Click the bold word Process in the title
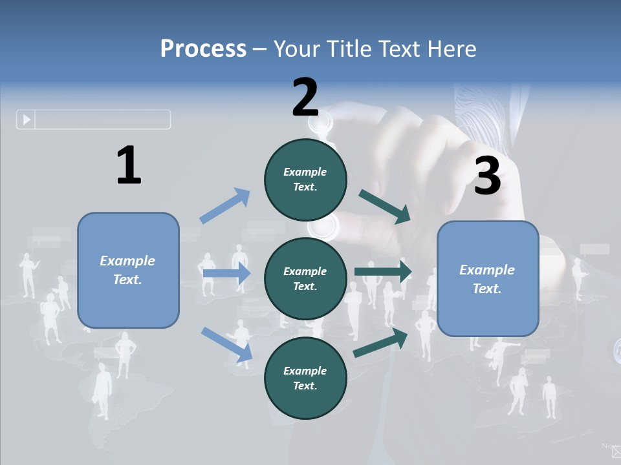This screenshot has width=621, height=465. tap(203, 48)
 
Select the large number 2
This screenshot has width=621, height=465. tap(305, 98)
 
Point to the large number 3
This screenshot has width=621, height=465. tap(487, 176)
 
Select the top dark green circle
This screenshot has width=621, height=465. tap(305, 179)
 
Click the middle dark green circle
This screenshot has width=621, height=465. tap(305, 278)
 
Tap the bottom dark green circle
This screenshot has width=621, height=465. tap(305, 378)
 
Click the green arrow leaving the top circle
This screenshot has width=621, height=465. tap(385, 207)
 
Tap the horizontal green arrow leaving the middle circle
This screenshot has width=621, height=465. tap(383, 272)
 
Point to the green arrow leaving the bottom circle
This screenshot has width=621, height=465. tap(380, 343)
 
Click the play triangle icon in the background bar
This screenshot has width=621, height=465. tap(27, 119)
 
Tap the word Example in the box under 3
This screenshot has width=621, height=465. tap(487, 270)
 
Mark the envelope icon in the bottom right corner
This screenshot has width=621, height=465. tap(616, 452)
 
